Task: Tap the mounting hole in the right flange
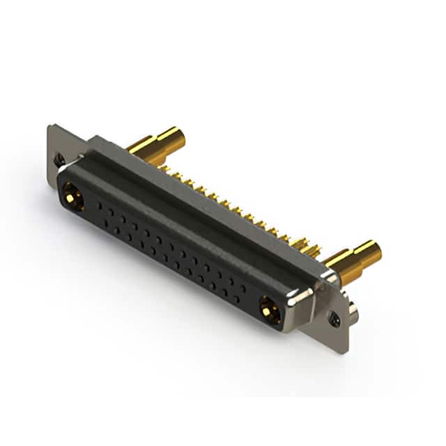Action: [x=335, y=321]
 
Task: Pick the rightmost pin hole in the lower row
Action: [x=236, y=299]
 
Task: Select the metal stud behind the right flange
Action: [x=353, y=313]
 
